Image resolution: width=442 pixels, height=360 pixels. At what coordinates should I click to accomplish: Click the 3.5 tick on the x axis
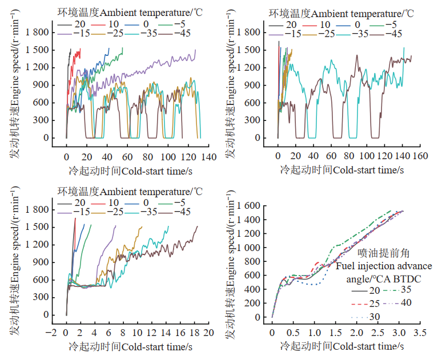tap(420, 331)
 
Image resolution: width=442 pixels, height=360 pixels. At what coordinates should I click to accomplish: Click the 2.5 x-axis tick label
tap(377, 331)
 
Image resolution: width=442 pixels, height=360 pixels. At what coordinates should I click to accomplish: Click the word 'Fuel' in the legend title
tap(344, 266)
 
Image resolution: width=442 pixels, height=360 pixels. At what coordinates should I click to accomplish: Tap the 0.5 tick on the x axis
tap(293, 331)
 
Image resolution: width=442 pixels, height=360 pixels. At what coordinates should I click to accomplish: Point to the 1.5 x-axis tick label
tap(335, 331)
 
